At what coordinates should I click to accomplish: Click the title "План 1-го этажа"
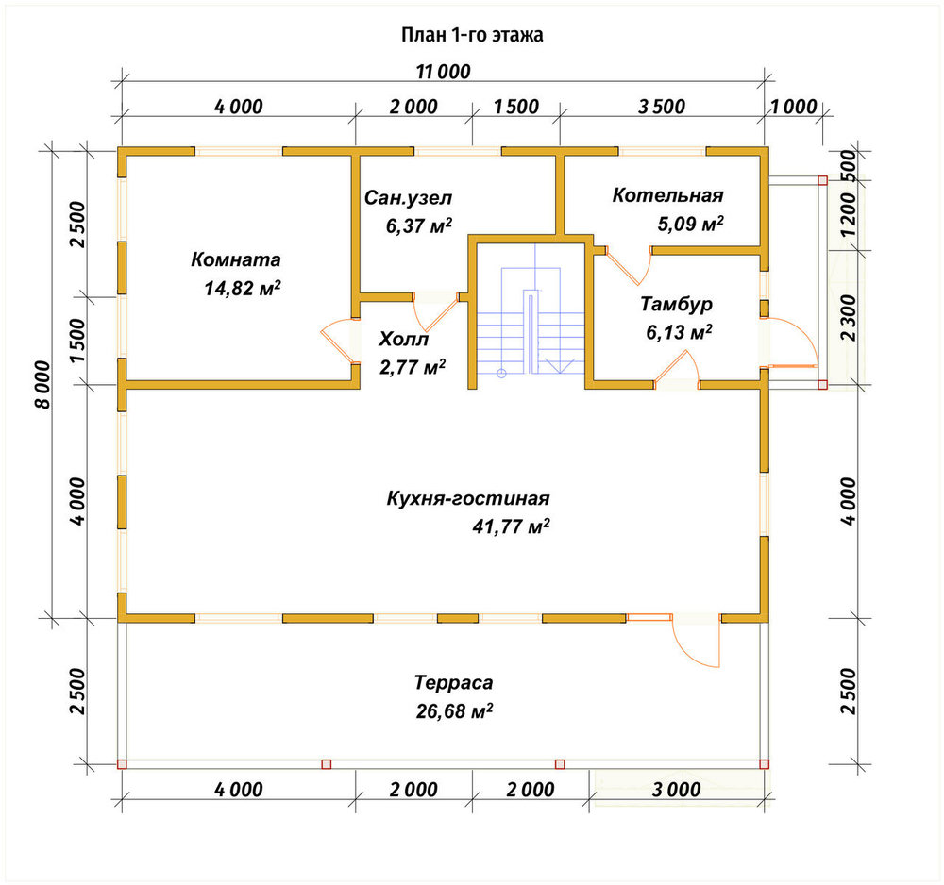tap(472, 35)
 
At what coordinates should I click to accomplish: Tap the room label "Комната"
tap(236, 259)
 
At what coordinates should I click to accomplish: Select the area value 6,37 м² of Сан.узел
tap(419, 225)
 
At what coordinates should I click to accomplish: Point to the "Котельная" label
tap(667, 195)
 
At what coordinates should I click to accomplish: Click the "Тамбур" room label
tap(676, 304)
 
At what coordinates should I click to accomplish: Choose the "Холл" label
tap(403, 340)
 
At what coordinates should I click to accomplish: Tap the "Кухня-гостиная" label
tap(468, 499)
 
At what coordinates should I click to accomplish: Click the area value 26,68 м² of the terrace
tap(455, 711)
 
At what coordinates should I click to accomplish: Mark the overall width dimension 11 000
tap(443, 72)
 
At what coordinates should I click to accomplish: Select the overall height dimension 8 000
tap(43, 385)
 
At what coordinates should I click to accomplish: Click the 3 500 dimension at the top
tap(662, 107)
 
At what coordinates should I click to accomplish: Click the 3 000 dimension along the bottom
tap(677, 790)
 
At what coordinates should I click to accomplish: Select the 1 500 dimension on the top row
tap(516, 107)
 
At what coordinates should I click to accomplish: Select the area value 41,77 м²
tap(511, 527)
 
